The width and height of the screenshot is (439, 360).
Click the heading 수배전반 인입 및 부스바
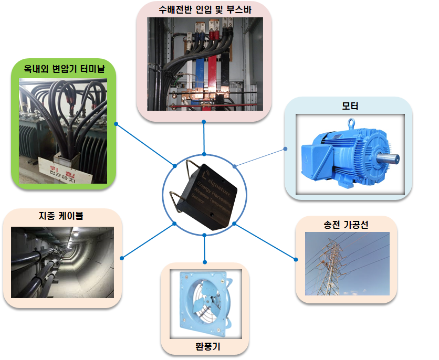204,9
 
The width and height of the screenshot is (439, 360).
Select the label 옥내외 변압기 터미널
64,69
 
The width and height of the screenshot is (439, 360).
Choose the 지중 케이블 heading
61,216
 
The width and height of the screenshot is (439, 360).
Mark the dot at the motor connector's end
285,149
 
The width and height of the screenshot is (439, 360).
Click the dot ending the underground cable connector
122,258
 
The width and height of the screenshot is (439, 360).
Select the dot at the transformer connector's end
116,124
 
